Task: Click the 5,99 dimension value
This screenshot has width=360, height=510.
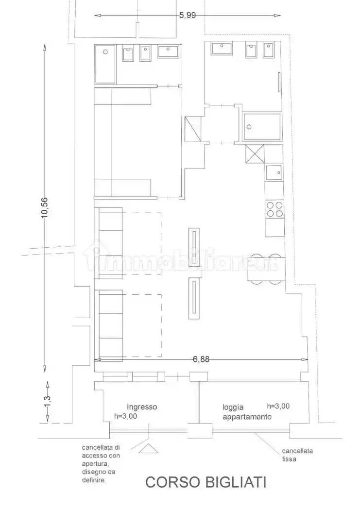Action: [188, 15]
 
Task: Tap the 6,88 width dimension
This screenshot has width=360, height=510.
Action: [201, 359]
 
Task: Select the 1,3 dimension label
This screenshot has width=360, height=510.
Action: [47, 401]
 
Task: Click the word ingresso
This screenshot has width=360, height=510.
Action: [142, 407]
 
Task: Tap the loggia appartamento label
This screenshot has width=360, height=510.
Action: [247, 412]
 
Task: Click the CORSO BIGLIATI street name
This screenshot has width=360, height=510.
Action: [206, 482]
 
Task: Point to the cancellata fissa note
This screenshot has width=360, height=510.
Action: [297, 455]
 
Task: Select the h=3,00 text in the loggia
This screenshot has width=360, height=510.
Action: [278, 406]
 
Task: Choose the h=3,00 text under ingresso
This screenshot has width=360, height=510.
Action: [125, 416]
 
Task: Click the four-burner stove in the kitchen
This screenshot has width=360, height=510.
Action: [274, 209]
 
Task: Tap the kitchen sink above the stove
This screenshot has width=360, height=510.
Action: [274, 172]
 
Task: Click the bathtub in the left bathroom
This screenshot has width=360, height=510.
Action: [105, 64]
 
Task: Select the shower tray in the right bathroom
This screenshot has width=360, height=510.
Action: [261, 126]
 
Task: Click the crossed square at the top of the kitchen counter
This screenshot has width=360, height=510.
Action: [255, 153]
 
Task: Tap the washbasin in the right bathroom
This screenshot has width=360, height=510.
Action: [222, 48]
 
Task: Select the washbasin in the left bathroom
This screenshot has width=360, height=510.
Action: [168, 51]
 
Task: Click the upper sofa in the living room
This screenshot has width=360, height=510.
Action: [110, 243]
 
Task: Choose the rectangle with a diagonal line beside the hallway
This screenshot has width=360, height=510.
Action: [193, 129]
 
